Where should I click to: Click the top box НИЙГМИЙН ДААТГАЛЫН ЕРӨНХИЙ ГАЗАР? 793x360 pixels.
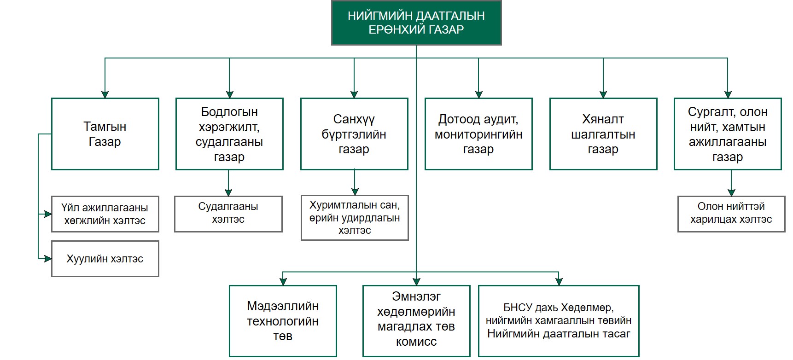[x=416, y=23]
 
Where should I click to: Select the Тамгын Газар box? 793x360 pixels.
[x=105, y=134]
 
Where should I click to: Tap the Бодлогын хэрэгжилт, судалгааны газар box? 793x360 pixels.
[x=229, y=134]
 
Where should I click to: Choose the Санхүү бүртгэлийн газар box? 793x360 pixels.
[x=354, y=134]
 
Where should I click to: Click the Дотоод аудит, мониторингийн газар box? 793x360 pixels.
[x=478, y=134]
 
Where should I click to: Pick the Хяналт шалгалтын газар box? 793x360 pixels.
[x=603, y=134]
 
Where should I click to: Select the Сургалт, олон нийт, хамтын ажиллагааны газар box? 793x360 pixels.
[x=728, y=134]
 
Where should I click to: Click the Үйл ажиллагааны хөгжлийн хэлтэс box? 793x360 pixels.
[x=105, y=214]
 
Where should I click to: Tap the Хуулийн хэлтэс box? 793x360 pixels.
[x=105, y=259]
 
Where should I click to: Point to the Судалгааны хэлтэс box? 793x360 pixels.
[x=228, y=214]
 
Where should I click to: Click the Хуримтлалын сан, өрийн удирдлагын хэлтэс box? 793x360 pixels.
[x=355, y=218]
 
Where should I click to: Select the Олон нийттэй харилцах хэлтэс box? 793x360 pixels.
[x=731, y=214]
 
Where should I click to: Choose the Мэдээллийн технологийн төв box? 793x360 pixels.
[x=283, y=321]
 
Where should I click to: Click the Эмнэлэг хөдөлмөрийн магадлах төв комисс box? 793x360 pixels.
[x=416, y=321]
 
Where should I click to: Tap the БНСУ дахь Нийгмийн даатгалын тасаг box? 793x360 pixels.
[x=559, y=321]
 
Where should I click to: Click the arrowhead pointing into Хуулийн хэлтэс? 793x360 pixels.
[x=48, y=259]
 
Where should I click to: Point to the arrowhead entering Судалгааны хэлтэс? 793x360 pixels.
[x=228, y=192]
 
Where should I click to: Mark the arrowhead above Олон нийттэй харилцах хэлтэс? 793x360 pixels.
[x=731, y=192]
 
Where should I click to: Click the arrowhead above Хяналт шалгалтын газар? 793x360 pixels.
[x=603, y=94]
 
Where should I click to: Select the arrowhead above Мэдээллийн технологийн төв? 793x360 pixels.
[x=283, y=282]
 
